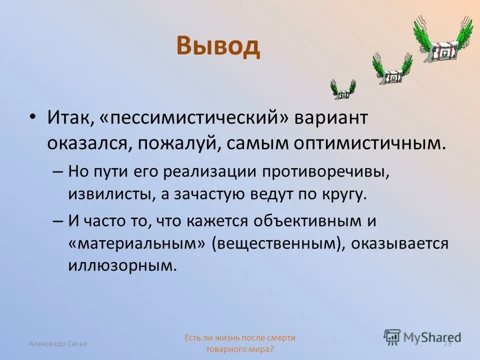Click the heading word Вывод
pos(218,47)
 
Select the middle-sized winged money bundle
pos(392,70)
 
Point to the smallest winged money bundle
pos(343,89)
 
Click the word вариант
pos(331,119)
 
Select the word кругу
pos(345,194)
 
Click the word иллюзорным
pos(122,265)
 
